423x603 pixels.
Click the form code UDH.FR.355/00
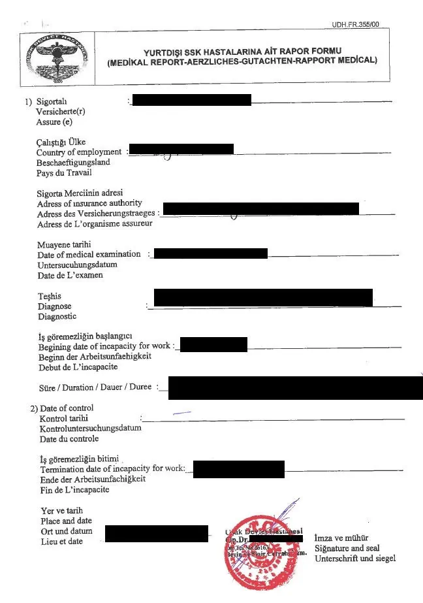coord(355,25)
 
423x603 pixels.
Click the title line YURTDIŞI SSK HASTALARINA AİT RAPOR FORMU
coord(243,51)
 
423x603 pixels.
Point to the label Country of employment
coord(79,152)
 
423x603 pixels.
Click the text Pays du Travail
coord(64,173)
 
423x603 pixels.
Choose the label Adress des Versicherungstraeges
coord(97,214)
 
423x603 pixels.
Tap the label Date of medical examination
coord(89,254)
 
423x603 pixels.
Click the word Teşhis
coord(50,296)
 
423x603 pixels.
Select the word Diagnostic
coord(57,317)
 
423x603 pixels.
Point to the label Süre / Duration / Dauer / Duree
coord(95,387)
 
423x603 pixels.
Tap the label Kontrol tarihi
coord(64,418)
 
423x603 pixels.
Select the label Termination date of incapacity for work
coord(112,469)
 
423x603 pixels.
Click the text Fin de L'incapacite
coord(74,490)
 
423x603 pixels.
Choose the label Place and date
coord(66,521)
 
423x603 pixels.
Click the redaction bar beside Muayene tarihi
coord(210,253)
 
